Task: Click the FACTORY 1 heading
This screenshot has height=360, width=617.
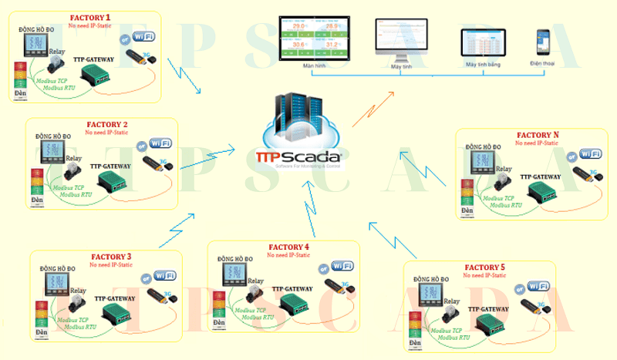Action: (90, 17)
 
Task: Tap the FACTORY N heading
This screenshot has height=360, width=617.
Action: (540, 135)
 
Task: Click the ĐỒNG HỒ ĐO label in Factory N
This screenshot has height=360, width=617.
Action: (484, 146)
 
